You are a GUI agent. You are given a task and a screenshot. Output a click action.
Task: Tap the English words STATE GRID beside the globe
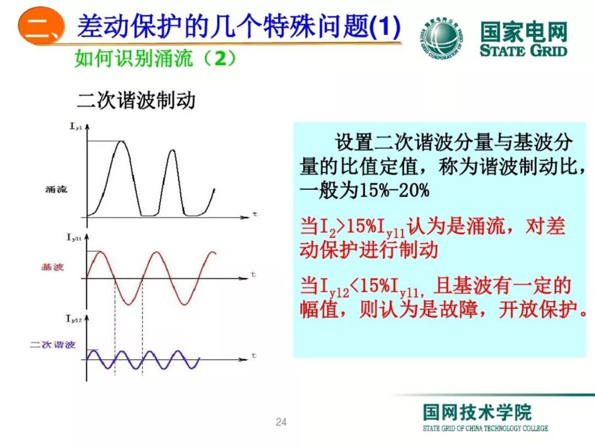click(x=523, y=51)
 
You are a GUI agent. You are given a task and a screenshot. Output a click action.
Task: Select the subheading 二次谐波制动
click(x=136, y=101)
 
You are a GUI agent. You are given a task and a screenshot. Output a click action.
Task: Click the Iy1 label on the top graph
click(x=75, y=127)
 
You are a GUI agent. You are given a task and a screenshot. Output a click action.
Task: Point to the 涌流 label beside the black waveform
click(x=56, y=189)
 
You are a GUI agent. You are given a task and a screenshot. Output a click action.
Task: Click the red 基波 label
click(x=53, y=267)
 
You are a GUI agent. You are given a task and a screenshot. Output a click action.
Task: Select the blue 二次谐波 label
click(x=52, y=345)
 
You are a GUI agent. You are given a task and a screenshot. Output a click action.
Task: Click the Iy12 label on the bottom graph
click(x=74, y=319)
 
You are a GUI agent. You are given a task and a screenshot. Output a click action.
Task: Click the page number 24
click(x=281, y=422)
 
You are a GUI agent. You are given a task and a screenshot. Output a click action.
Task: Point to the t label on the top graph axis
click(x=255, y=213)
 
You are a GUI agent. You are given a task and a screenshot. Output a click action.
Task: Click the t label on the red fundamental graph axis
click(x=253, y=274)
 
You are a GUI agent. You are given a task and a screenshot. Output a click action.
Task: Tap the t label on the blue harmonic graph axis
click(x=253, y=356)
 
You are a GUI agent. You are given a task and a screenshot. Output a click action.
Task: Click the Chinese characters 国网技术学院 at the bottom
click(x=477, y=412)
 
